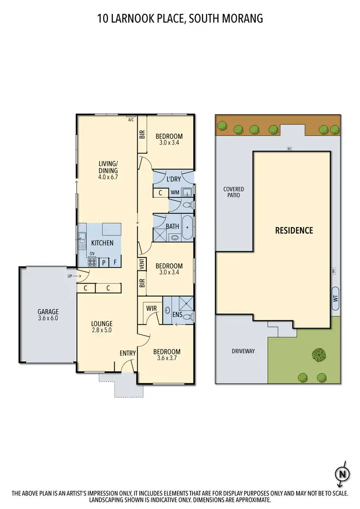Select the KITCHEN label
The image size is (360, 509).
point(102,243)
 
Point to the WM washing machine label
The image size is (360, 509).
point(175,193)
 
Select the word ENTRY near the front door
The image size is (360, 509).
point(128,354)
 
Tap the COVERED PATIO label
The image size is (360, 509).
point(233,192)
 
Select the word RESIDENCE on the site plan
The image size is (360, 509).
point(294,230)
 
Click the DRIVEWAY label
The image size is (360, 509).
point(243,351)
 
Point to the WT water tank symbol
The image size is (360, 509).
point(335,297)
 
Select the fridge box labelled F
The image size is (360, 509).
point(115,262)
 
